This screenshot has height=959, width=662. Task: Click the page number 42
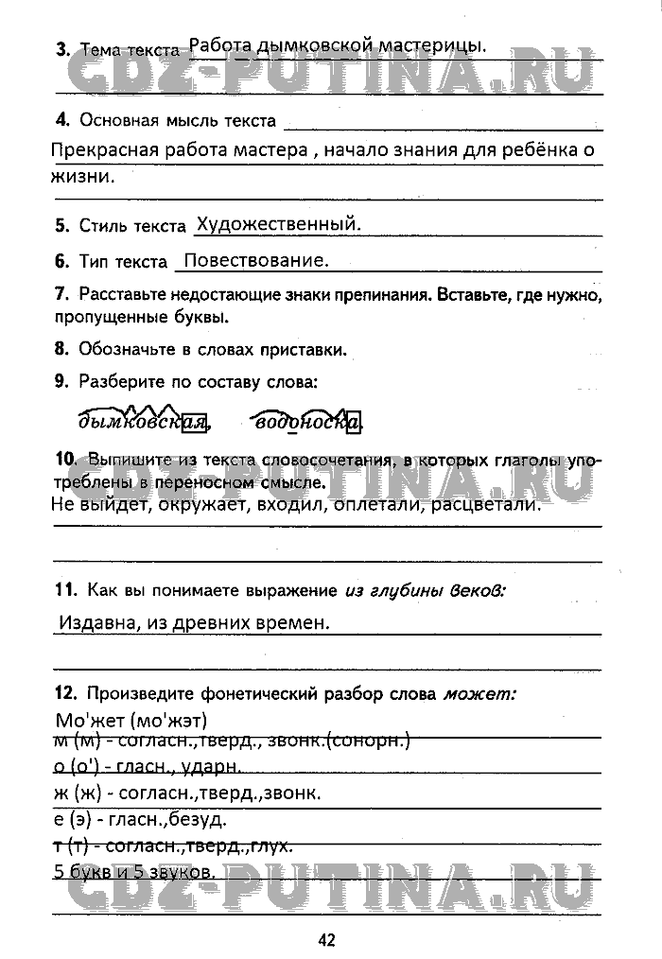(327, 939)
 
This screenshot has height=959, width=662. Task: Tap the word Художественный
(278, 224)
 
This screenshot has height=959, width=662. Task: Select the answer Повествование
(256, 260)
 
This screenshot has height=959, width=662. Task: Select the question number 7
(61, 294)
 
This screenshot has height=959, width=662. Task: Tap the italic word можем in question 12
(479, 693)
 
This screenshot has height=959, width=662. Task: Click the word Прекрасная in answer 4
(101, 150)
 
